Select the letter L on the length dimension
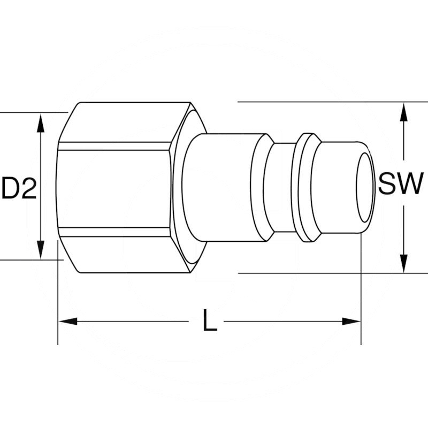[210, 320]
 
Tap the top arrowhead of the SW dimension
[404, 111]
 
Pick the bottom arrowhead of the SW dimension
[404, 264]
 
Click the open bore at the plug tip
[366, 187]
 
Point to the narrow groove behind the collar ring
[282, 187]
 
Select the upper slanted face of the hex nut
[123, 122]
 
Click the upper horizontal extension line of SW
[321, 102]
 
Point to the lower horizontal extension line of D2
[27, 260]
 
